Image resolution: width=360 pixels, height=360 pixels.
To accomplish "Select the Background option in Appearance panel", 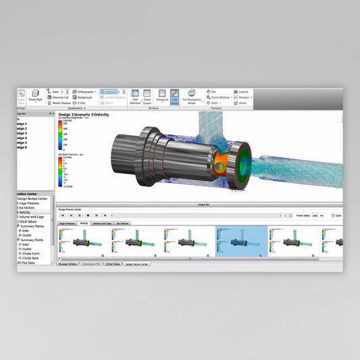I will (82, 97).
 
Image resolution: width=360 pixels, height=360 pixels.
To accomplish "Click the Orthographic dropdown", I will (84, 91).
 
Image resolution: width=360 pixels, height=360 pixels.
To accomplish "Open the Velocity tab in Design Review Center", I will (84, 222).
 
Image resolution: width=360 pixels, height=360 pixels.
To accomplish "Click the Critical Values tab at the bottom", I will (132, 264).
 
